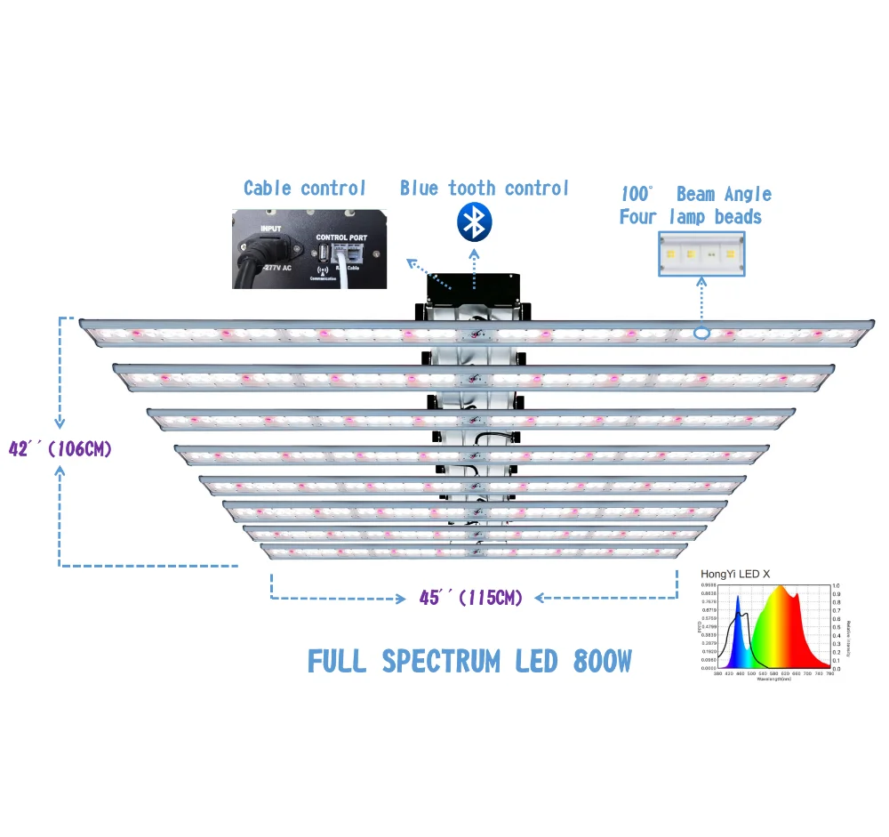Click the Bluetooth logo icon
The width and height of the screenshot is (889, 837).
coord(475,222)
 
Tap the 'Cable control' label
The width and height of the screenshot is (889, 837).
coord(304,188)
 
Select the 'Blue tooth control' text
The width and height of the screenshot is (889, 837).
coord(484,188)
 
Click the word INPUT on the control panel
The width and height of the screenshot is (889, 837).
coord(270,229)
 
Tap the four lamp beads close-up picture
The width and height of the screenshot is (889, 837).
coord(701,254)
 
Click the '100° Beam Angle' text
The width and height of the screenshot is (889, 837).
coord(696,194)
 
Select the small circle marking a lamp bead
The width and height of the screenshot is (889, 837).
coord(701,334)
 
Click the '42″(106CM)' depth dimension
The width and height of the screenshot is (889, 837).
coord(60,448)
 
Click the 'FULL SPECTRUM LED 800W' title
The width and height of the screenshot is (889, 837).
coord(469,661)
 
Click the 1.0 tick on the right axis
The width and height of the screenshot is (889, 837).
coord(837,587)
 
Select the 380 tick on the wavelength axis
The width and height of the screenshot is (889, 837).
coord(717,675)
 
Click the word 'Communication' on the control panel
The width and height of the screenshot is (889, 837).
coord(320,278)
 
